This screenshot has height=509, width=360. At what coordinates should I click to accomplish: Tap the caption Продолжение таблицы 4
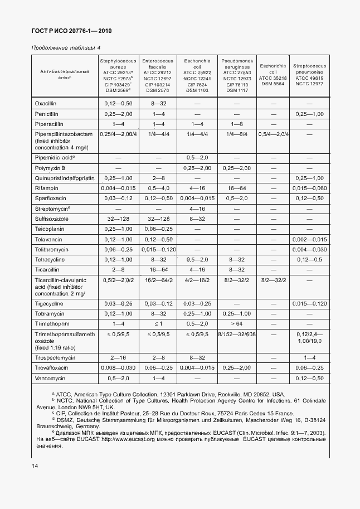(65, 48)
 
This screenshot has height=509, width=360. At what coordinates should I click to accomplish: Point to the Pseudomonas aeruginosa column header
(237, 75)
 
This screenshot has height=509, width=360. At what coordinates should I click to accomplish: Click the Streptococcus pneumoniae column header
(309, 75)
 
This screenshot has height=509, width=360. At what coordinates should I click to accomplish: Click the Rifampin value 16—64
(237, 188)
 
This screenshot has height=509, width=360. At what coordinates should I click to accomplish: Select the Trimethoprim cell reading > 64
(237, 324)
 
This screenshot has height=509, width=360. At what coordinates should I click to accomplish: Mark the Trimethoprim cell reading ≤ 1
(158, 324)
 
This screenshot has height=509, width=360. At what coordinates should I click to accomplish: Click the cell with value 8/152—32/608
(237, 335)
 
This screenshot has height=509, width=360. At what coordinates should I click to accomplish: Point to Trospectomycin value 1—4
(309, 357)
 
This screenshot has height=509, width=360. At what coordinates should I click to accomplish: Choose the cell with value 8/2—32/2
(273, 282)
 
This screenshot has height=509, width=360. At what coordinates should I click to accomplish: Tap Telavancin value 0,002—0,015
(309, 239)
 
